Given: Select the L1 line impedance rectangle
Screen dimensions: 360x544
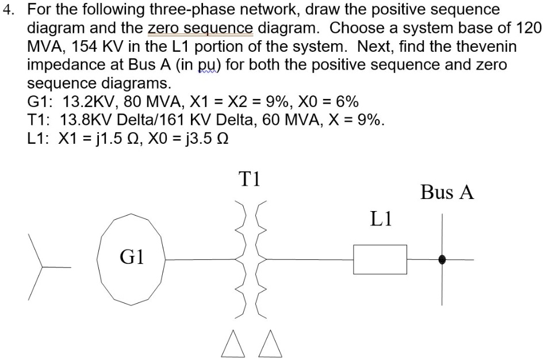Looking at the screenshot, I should [x=380, y=260].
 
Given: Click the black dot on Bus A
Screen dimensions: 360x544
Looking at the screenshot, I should [x=442, y=260].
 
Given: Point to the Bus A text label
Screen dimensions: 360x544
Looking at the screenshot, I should [x=447, y=193].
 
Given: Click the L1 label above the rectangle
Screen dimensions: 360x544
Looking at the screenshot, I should [x=381, y=219].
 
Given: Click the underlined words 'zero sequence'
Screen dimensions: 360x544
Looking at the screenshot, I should [x=200, y=28].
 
